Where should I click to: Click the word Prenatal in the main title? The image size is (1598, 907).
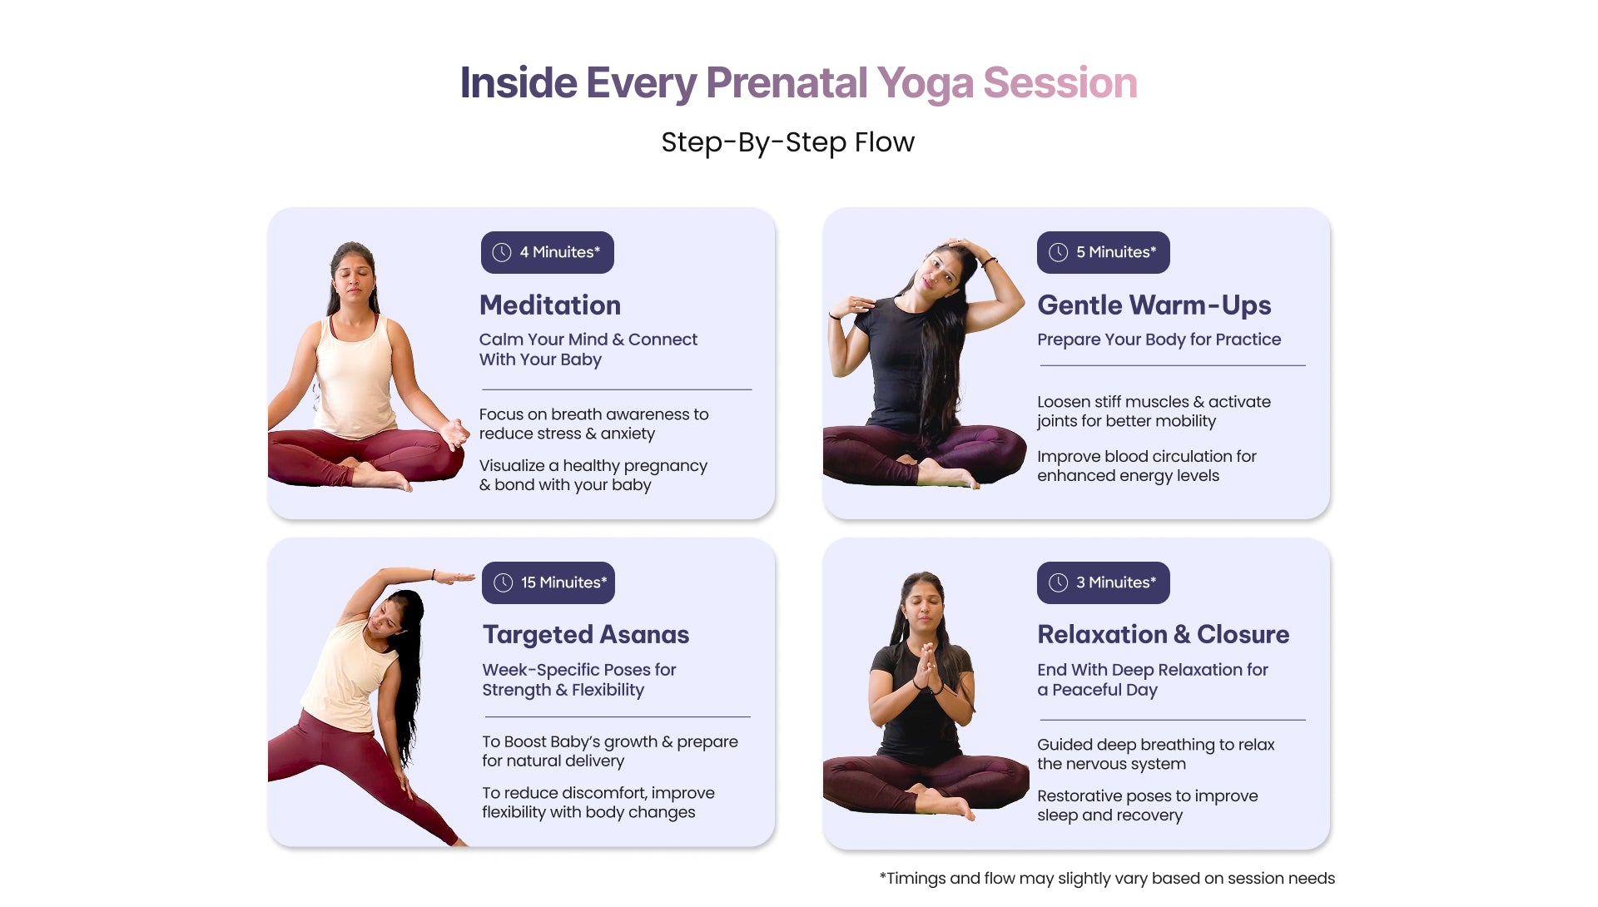pyautogui.click(x=787, y=83)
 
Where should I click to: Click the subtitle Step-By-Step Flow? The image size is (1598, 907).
pyautogui.click(x=787, y=142)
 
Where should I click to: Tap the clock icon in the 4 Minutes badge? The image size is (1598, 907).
pyautogui.click(x=502, y=252)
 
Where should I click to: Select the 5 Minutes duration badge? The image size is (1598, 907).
pyautogui.click(x=1103, y=252)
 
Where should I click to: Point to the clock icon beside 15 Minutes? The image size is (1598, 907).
pyautogui.click(x=504, y=582)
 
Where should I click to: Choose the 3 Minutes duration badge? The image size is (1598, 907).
pyautogui.click(x=1103, y=582)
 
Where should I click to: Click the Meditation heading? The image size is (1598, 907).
pyautogui.click(x=550, y=305)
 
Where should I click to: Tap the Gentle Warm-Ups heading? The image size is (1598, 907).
pyautogui.click(x=1154, y=305)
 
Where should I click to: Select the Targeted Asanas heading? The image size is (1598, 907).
pyautogui.click(x=586, y=635)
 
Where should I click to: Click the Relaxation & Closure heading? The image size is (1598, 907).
pyautogui.click(x=1163, y=635)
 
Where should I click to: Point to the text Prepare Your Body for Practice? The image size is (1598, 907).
pyautogui.click(x=1159, y=340)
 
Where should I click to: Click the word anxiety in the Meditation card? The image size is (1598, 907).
pyautogui.click(x=628, y=434)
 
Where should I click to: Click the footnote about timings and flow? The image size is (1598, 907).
pyautogui.click(x=1107, y=879)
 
